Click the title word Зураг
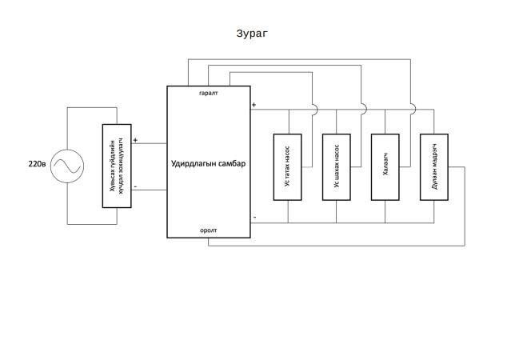tap(252, 34)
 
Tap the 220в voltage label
tap(37, 164)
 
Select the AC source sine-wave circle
tap(67, 166)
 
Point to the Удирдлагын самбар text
tap(208, 164)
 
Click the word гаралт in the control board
tap(209, 93)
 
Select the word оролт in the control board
tap(209, 230)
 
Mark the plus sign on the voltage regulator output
tap(135, 140)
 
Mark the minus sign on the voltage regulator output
tap(135, 186)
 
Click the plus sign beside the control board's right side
tap(253, 105)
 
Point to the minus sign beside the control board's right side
tap(254, 217)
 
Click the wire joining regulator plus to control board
tap(149, 143)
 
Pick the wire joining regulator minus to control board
tap(149, 190)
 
